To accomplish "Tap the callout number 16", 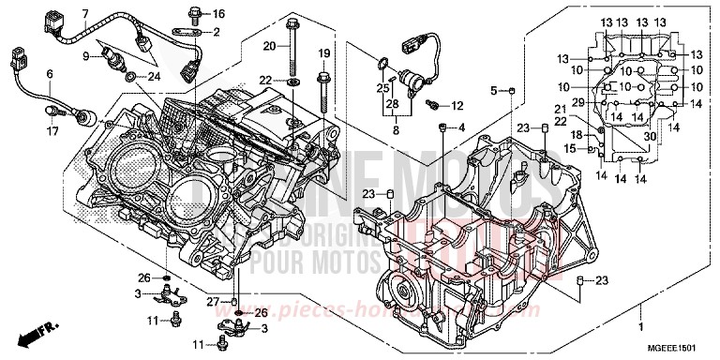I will [219, 14].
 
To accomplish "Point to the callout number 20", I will [269, 46].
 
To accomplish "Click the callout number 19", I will [323, 52].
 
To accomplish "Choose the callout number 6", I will [49, 74].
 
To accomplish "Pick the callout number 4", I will [461, 127].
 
